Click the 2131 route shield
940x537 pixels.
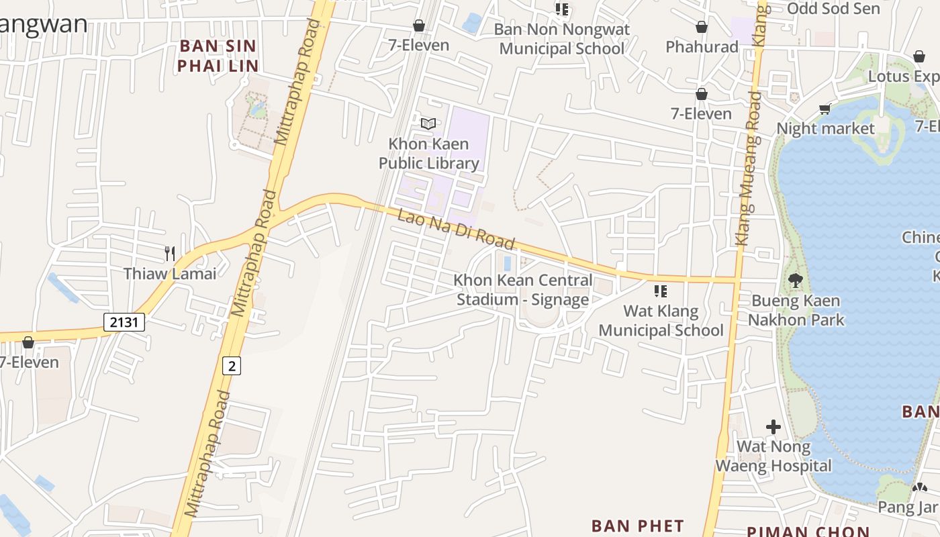click(124, 322)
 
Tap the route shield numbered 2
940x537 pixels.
click(232, 366)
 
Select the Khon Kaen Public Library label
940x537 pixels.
click(429, 154)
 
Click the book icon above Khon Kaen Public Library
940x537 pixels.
click(428, 124)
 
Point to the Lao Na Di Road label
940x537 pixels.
click(456, 230)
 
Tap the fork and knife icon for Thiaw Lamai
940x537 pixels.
click(170, 254)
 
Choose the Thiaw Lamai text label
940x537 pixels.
click(170, 273)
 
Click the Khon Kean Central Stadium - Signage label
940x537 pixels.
click(523, 290)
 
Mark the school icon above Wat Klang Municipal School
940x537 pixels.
click(661, 291)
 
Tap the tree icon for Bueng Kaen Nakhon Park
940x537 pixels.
click(796, 281)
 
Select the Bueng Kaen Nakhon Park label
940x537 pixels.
click(796, 310)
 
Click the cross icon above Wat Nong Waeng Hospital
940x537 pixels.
click(773, 427)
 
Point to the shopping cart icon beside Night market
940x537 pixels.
click(825, 109)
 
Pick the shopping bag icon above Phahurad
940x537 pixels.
click(702, 28)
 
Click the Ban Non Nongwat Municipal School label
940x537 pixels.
click(562, 39)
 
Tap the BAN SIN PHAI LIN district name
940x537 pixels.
click(218, 56)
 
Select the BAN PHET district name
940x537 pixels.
click(637, 526)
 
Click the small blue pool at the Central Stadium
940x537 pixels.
click(508, 263)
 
